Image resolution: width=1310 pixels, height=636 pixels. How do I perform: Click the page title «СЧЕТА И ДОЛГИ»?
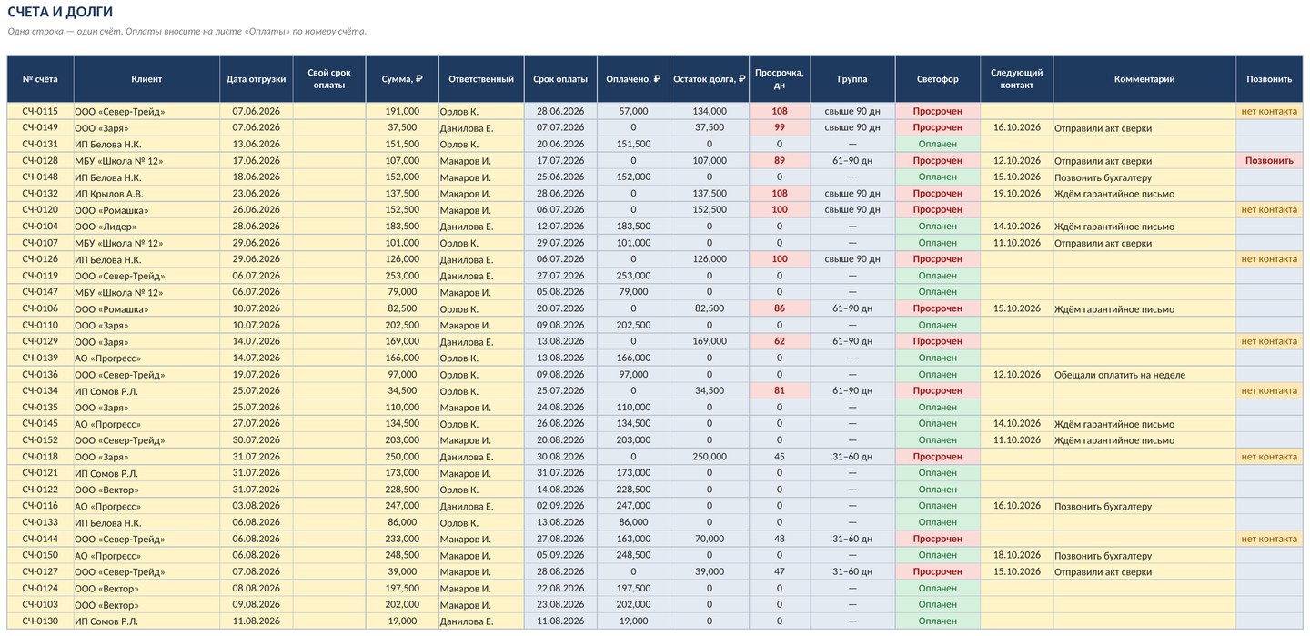point(60,12)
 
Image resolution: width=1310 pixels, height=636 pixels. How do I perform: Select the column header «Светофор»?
point(937,79)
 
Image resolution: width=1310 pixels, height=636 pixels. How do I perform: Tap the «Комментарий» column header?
point(1144,79)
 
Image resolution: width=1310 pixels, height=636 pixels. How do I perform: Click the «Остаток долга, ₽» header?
point(709,79)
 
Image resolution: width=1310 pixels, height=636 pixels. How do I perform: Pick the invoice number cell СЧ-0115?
point(40,111)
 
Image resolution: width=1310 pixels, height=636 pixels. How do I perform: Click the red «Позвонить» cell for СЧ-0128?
point(1269,160)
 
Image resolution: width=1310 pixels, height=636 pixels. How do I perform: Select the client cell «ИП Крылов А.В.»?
point(109,194)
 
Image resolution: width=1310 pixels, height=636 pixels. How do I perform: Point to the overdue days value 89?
point(779,160)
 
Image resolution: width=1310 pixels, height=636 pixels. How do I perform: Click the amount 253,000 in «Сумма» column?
point(402,276)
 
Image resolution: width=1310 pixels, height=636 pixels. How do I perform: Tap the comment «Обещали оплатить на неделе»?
point(1119,375)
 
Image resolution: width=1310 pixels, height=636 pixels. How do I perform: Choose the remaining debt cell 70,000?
point(709,539)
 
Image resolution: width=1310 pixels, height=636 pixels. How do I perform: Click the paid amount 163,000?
point(633,539)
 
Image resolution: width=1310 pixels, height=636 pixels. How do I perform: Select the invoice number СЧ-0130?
point(40,621)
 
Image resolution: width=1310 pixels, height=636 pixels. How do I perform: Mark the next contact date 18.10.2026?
point(1016,555)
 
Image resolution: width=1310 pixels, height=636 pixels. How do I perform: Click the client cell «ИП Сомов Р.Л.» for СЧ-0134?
point(106,391)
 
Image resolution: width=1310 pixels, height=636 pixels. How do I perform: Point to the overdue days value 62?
point(779,341)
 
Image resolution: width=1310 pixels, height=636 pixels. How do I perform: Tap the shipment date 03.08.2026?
point(257,506)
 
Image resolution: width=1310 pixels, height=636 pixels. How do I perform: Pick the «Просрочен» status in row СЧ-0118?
point(937,457)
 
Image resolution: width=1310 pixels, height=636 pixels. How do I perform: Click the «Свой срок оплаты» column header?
point(329,79)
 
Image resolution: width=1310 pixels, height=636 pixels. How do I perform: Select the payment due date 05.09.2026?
point(560,555)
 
